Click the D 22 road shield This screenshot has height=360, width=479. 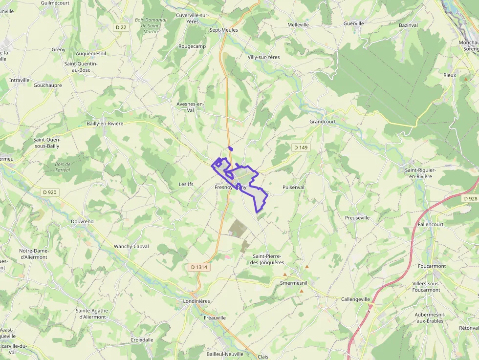click(121, 27)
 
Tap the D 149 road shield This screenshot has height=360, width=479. click(301, 147)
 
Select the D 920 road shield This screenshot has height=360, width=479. click(49, 192)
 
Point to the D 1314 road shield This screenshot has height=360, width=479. click(199, 267)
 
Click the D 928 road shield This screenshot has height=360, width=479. click(470, 198)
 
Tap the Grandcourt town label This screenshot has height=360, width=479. click(323, 121)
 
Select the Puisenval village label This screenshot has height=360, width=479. click(293, 187)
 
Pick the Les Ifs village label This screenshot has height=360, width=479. click(186, 184)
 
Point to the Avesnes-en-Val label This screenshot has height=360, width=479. click(190, 107)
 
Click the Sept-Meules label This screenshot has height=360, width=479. click(223, 30)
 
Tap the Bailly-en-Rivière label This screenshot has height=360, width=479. click(105, 124)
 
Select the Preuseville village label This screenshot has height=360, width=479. click(357, 217)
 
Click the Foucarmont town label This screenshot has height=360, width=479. click(432, 266)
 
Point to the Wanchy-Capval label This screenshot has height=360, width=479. click(131, 247)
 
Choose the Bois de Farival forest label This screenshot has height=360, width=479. click(63, 167)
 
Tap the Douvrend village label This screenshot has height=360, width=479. click(82, 221)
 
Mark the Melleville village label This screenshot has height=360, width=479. click(298, 24)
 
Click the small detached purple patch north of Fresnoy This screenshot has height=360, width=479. click(230, 148)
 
